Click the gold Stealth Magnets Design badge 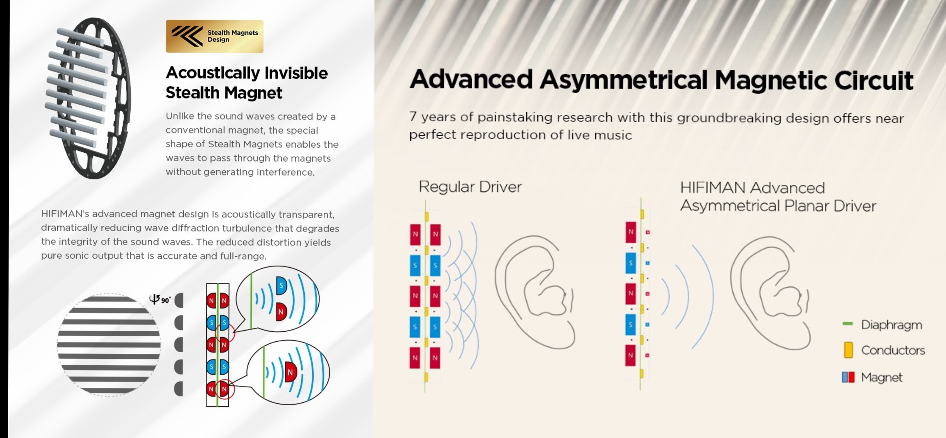[x=215, y=36]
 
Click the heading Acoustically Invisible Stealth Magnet [x=247, y=83]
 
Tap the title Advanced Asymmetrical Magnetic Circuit [x=661, y=80]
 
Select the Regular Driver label [x=470, y=187]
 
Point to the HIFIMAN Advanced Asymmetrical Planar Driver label [x=778, y=197]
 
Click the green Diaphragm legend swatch [x=848, y=324]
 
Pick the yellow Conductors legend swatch [x=849, y=350]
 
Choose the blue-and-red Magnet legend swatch [x=848, y=377]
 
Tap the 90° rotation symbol [x=160, y=299]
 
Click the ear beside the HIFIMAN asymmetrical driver [x=770, y=293]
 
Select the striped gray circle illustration [x=109, y=345]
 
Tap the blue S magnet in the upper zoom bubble [x=281, y=286]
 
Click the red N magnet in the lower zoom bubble [x=290, y=372]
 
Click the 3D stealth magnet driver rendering [x=88, y=98]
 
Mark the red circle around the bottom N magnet [x=225, y=389]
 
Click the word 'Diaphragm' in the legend [x=891, y=325]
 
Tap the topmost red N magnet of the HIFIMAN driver [x=631, y=232]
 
